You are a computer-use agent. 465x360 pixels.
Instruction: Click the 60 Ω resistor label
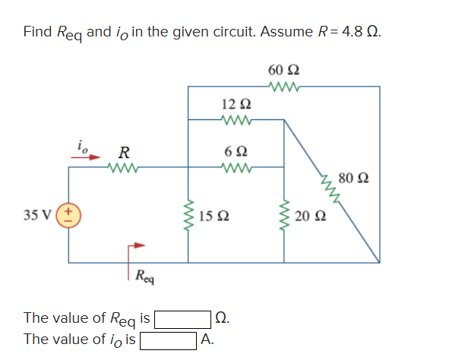point(283,70)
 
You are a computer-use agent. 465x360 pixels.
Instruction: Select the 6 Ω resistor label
point(234,150)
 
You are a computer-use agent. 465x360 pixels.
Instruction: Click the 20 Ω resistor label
point(306,215)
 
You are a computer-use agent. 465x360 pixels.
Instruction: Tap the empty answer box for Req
point(183,317)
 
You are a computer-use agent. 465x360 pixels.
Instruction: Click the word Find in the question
point(37,32)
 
